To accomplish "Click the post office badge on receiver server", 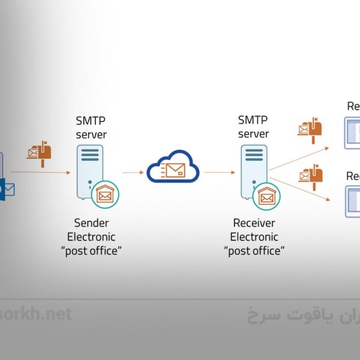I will coord(267,195).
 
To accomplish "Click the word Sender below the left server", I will coord(91,223).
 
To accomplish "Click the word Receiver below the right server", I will coord(254,223).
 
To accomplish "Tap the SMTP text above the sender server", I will coord(91,121).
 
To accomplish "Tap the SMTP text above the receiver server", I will coord(254,120).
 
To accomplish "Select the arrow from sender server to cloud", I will coord(133,173).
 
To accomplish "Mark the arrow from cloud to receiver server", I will coord(219,173).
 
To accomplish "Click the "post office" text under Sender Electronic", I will coord(91,251).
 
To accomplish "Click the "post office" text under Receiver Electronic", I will coord(254,251).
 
